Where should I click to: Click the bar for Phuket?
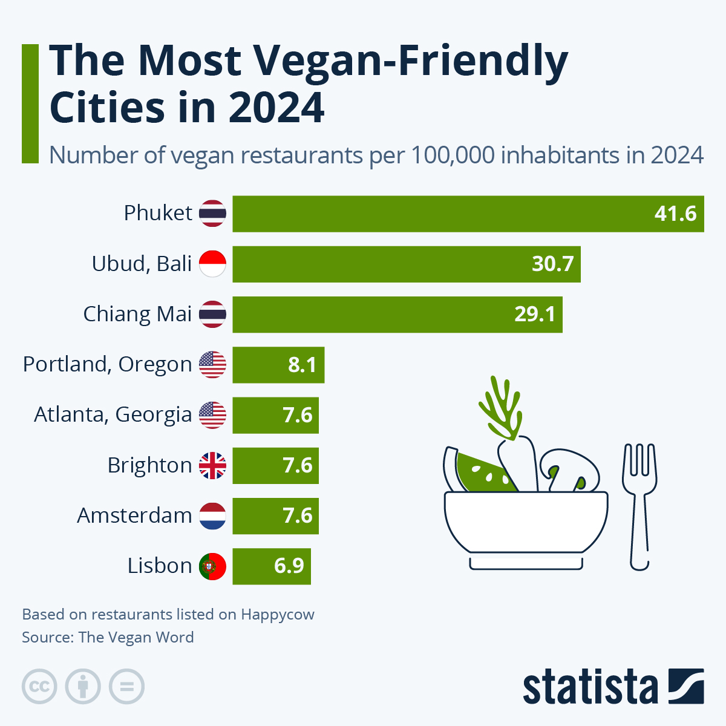(x=468, y=214)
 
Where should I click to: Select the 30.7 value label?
(x=552, y=264)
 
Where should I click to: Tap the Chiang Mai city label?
(x=137, y=314)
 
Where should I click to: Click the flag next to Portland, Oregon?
(x=212, y=365)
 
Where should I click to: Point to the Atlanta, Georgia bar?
(x=275, y=415)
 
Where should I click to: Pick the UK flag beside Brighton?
(x=212, y=466)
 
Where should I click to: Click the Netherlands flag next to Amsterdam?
(x=212, y=516)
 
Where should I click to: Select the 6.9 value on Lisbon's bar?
(x=289, y=566)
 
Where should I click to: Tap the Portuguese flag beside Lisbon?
(x=212, y=566)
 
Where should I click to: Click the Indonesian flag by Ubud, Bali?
(x=212, y=264)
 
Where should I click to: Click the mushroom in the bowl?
(x=569, y=469)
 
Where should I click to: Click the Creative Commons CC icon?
(x=39, y=687)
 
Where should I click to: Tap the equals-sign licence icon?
(x=126, y=687)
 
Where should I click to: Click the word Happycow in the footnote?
(x=278, y=615)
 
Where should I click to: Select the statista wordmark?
(x=590, y=687)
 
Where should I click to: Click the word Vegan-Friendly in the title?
(x=410, y=60)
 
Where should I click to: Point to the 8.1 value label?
(x=302, y=365)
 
